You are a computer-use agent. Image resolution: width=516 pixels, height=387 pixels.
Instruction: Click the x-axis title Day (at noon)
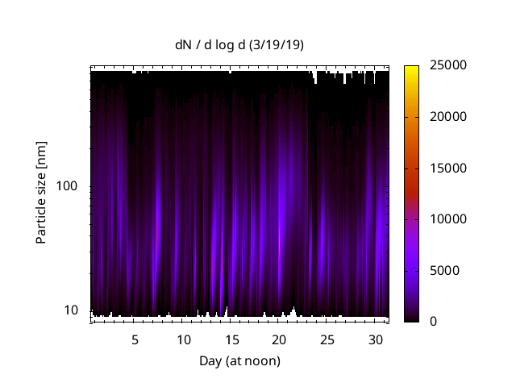click(x=239, y=361)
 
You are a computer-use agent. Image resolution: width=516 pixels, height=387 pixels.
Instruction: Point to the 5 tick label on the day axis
click(x=135, y=339)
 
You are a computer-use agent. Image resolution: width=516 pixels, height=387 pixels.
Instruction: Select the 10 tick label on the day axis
click(x=184, y=339)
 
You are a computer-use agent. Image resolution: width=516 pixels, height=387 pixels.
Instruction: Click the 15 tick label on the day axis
click(x=231, y=339)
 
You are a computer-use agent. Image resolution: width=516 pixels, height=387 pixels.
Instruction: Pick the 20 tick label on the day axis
click(x=279, y=339)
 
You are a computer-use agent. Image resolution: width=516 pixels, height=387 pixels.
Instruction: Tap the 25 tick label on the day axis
click(x=327, y=339)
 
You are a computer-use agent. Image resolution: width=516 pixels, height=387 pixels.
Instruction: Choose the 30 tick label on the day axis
click(x=374, y=339)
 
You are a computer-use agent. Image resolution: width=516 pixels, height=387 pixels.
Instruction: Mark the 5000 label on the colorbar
click(x=442, y=270)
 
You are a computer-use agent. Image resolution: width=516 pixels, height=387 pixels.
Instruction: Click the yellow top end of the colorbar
click(x=411, y=68)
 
